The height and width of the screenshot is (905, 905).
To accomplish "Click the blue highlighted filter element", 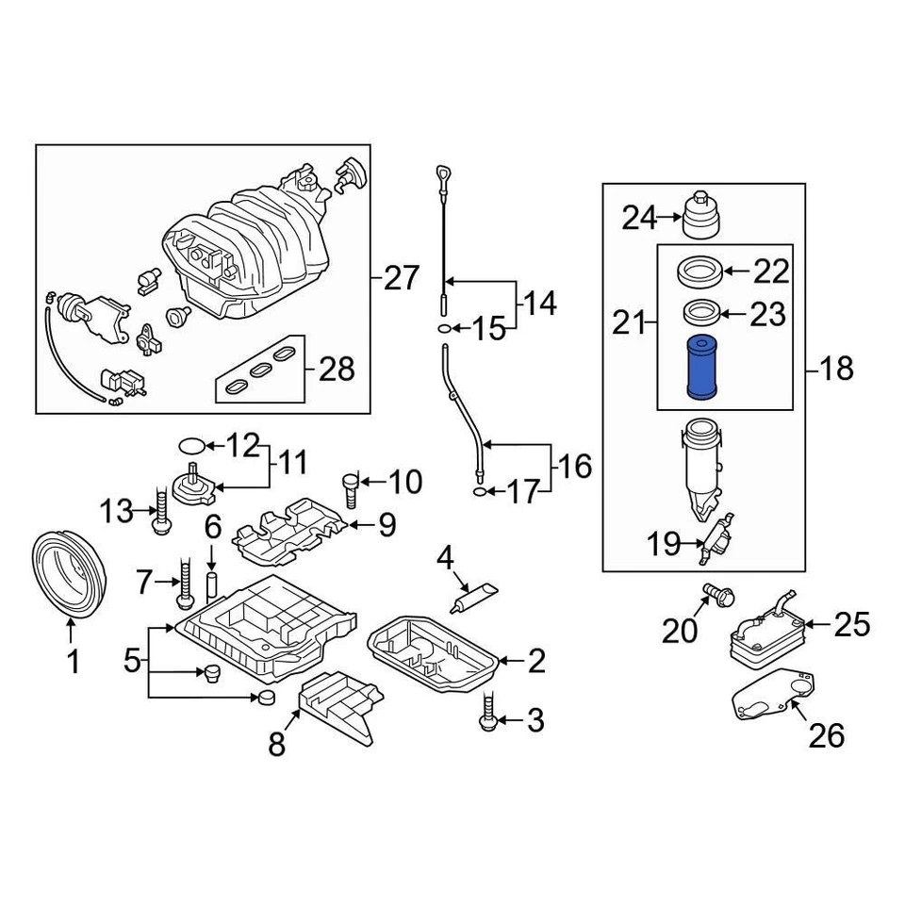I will [702, 367].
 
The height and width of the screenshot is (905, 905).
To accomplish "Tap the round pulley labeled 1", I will [71, 576].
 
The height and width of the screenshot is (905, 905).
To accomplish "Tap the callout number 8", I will [276, 745].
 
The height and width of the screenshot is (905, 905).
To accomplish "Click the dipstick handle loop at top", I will [443, 174].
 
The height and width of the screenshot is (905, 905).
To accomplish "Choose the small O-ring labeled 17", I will [481, 491].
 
